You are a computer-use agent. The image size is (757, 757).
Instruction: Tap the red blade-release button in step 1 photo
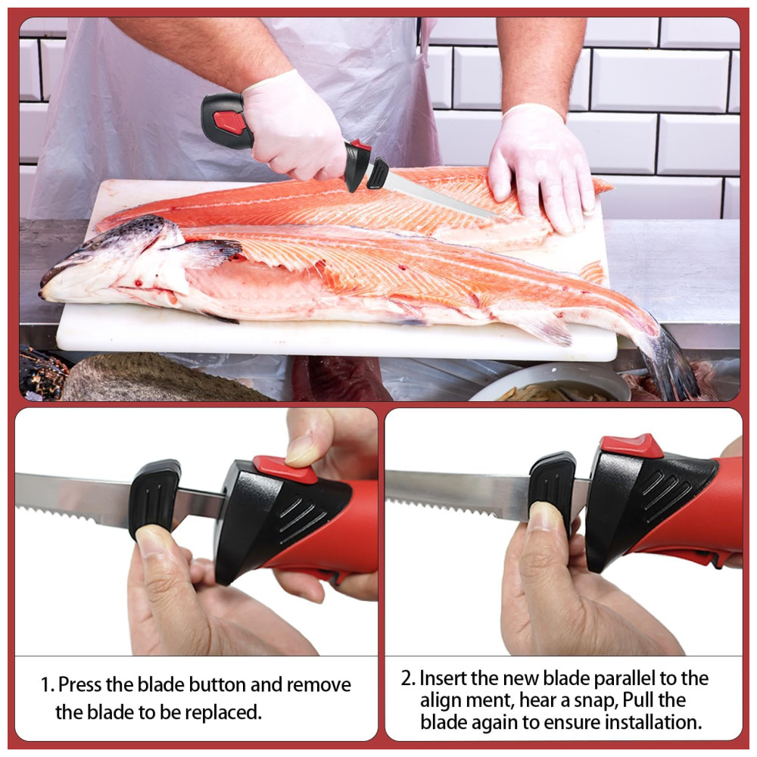285,469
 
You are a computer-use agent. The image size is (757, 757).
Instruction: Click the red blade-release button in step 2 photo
631,446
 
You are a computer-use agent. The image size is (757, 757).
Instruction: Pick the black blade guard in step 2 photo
553,488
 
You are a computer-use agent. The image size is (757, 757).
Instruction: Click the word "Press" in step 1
80,685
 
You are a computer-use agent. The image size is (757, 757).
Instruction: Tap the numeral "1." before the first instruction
47,685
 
